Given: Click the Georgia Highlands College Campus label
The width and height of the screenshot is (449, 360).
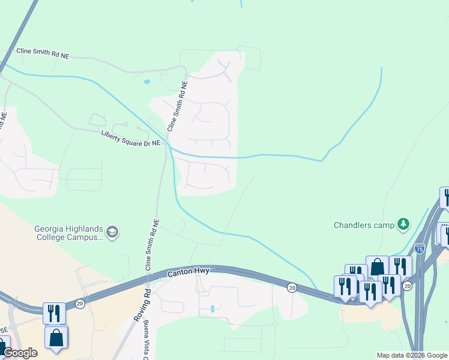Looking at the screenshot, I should click(x=69, y=232).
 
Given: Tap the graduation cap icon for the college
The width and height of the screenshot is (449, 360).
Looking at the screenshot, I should click(x=112, y=232).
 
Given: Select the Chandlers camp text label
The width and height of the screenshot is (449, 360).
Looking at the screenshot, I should click(x=364, y=226).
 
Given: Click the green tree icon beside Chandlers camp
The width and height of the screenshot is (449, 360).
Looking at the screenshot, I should click(x=404, y=225).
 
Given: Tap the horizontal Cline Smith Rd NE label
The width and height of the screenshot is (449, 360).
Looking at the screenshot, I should click(x=43, y=54).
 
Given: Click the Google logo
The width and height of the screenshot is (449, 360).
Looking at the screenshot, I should click(x=20, y=353).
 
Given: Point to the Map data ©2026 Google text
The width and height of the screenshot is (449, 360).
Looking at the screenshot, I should click(x=411, y=355).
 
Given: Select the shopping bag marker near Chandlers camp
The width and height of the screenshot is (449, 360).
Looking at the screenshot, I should click(x=377, y=266).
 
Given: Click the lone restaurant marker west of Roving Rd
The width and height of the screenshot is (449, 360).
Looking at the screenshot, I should click(x=54, y=313).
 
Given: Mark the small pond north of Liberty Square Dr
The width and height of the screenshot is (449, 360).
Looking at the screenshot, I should click(x=146, y=82).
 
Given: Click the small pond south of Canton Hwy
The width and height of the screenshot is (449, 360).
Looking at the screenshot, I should click(x=212, y=309).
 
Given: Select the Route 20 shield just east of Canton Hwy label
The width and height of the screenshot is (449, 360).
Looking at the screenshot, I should click(x=291, y=287).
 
